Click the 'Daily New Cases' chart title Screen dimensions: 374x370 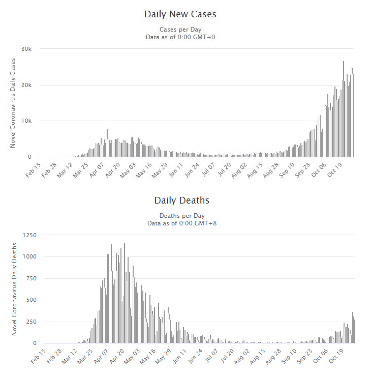click(x=180, y=14)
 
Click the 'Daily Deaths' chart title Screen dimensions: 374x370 click(x=182, y=200)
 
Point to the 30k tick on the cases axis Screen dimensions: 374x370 click(x=26, y=49)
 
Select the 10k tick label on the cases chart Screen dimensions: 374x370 click(x=26, y=121)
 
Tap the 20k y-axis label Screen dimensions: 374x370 click(x=26, y=85)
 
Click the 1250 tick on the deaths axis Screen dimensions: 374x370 click(x=28, y=235)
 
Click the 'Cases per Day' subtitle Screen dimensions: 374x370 click(x=181, y=29)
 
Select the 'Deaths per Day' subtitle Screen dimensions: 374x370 click(x=181, y=215)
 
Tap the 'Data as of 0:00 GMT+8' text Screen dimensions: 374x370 click(x=181, y=223)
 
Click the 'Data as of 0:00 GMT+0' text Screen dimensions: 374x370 click(x=181, y=37)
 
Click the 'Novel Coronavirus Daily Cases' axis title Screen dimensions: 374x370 click(x=13, y=103)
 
